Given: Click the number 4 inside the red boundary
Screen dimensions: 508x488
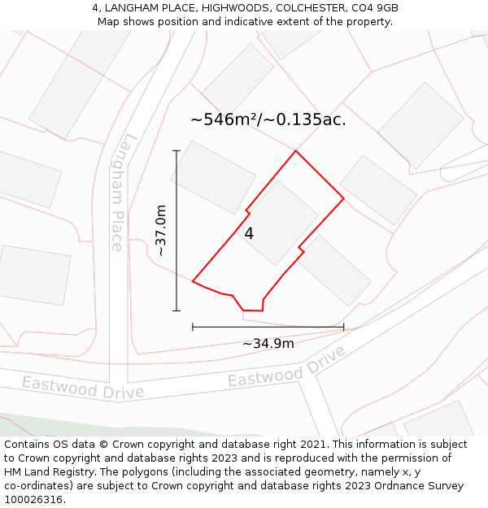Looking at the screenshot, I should click(x=249, y=234).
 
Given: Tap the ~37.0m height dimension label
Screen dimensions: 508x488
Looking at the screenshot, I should click(x=161, y=230).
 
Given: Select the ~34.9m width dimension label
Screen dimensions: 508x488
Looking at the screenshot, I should click(x=268, y=344).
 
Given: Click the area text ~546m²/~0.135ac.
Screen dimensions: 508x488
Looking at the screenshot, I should click(x=268, y=119).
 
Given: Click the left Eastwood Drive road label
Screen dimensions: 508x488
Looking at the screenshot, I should click(x=83, y=387).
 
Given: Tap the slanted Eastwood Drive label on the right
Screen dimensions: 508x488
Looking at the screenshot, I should click(x=286, y=367).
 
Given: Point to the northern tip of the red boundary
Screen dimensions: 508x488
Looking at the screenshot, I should click(x=295, y=150).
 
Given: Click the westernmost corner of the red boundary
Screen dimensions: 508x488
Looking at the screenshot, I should click(x=193, y=281).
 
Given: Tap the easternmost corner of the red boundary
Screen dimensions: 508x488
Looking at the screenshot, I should click(x=343, y=198).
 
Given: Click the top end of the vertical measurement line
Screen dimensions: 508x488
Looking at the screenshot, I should click(x=176, y=150).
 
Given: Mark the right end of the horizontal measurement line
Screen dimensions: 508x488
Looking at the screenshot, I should click(x=343, y=327).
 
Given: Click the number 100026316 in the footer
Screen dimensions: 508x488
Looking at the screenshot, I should click(x=33, y=500).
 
